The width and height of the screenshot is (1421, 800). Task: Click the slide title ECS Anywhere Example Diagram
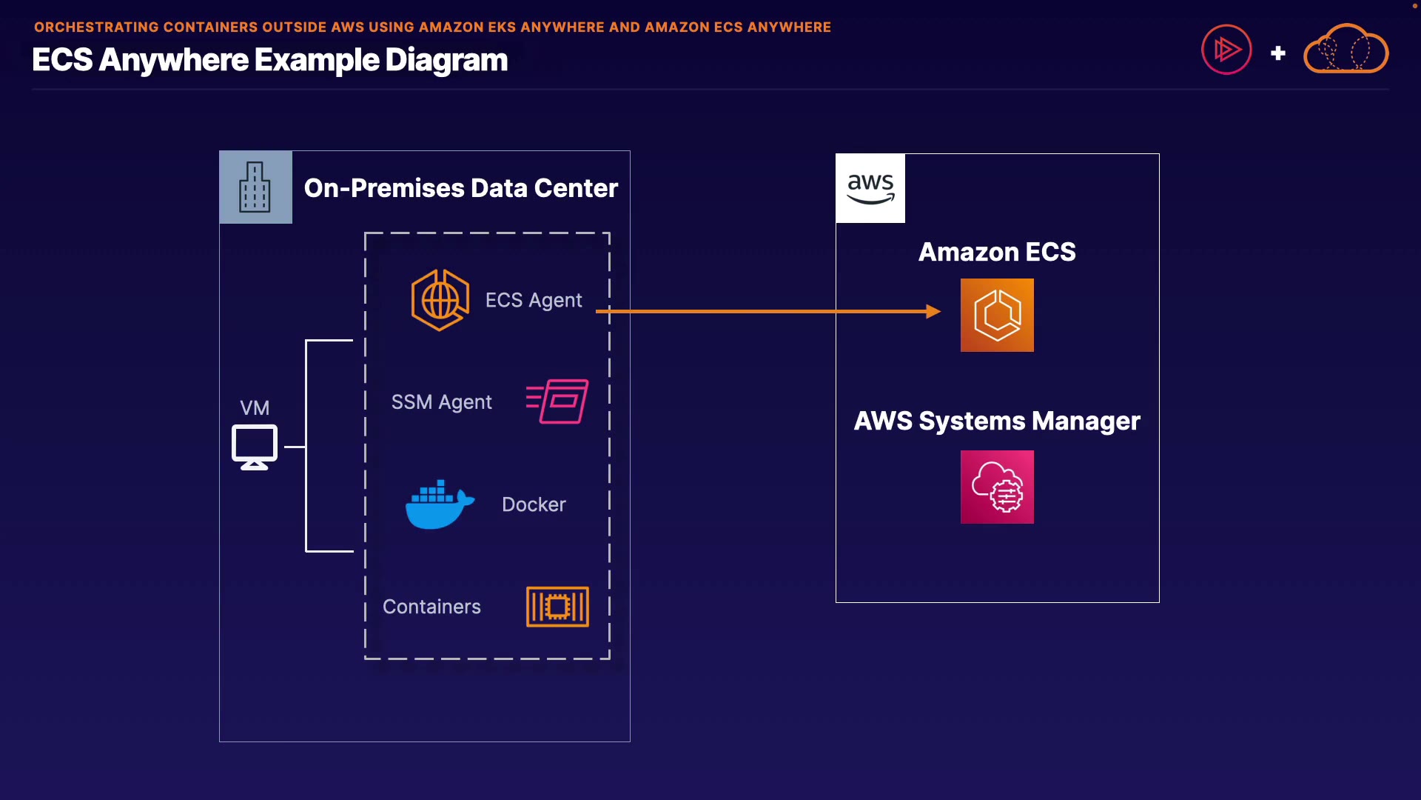point(269,60)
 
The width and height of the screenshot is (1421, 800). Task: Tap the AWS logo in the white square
point(870,188)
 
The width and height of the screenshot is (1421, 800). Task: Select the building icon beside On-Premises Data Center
point(255,187)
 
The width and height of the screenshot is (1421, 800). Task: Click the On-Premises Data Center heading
point(460,188)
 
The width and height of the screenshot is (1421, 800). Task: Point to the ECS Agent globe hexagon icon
point(440,300)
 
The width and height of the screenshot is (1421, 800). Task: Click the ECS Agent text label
point(534,300)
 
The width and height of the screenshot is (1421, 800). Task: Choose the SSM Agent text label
point(441,402)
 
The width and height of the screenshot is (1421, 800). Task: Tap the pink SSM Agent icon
point(558,401)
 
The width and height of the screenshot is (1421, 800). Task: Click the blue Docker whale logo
point(439,504)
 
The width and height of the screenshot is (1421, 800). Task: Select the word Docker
point(534,504)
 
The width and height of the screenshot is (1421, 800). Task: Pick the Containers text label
point(431,607)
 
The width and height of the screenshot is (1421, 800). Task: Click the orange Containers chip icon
point(557,607)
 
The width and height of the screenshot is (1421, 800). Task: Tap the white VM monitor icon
point(255,447)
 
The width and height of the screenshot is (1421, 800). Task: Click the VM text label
point(255,408)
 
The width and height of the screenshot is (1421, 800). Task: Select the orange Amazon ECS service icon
point(997,315)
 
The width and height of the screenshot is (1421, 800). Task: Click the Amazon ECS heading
point(997,253)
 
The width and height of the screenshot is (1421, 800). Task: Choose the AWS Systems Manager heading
point(997,421)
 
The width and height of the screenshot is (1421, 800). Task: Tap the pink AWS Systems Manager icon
point(997,487)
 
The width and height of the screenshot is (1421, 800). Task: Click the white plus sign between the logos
point(1277,53)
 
